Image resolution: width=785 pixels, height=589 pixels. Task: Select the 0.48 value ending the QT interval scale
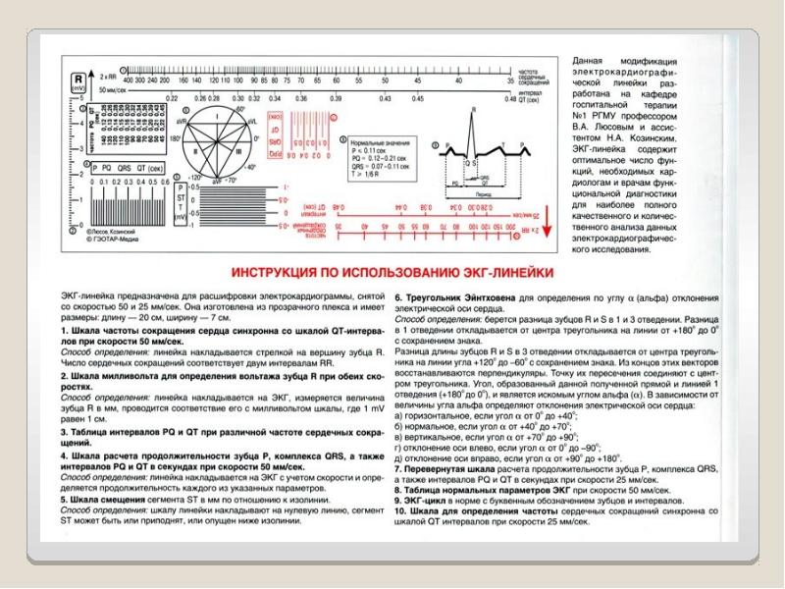(x=509, y=99)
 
